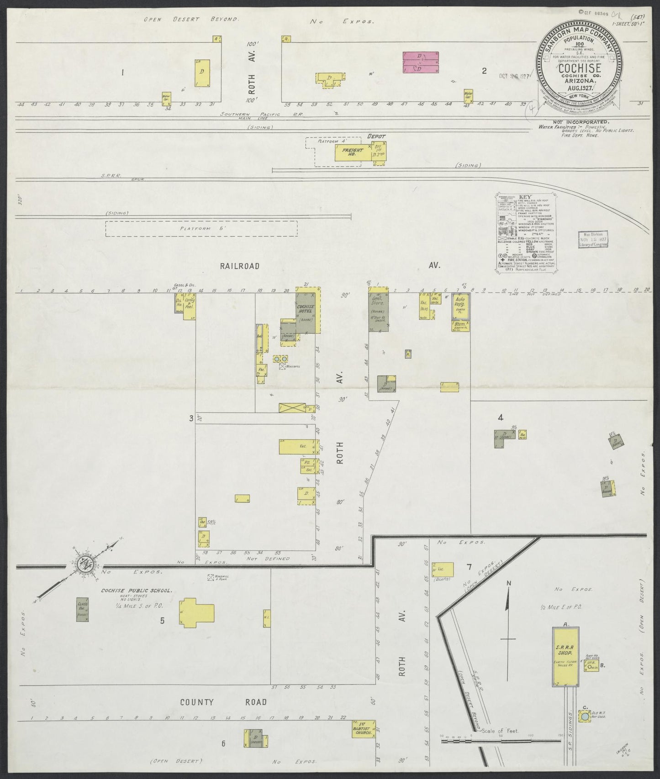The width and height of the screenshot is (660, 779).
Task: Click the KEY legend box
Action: coord(524,234)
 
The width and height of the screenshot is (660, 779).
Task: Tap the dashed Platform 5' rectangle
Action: coord(201,229)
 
